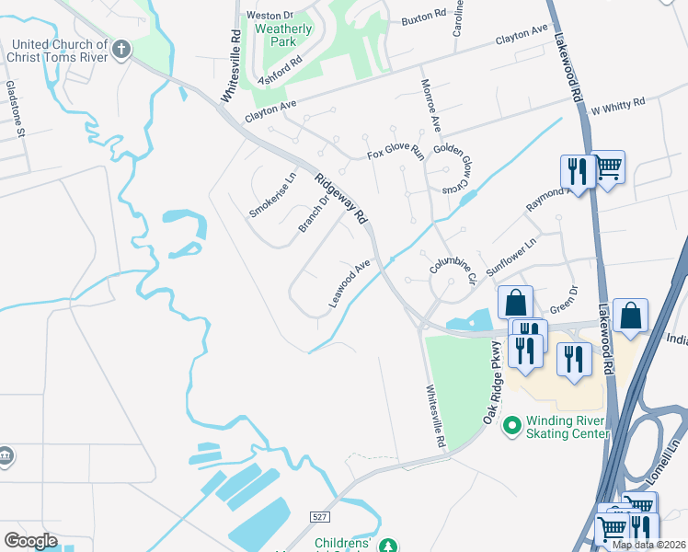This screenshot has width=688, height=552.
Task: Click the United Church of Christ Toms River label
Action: coord(56,51)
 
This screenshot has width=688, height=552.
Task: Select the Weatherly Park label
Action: coord(283,35)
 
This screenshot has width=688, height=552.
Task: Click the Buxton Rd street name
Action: coord(424,17)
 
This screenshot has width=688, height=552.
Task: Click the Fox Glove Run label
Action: coord(394,154)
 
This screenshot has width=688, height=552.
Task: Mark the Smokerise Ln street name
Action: coord(273,195)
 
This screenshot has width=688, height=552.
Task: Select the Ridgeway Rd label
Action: coord(340,201)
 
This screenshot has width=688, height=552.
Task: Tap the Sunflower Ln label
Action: coord(510,259)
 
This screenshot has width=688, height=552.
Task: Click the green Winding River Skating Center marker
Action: coord(511,426)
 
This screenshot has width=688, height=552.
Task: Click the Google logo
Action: coord(30,541)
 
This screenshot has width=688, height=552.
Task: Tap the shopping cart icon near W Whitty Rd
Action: coord(608,169)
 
